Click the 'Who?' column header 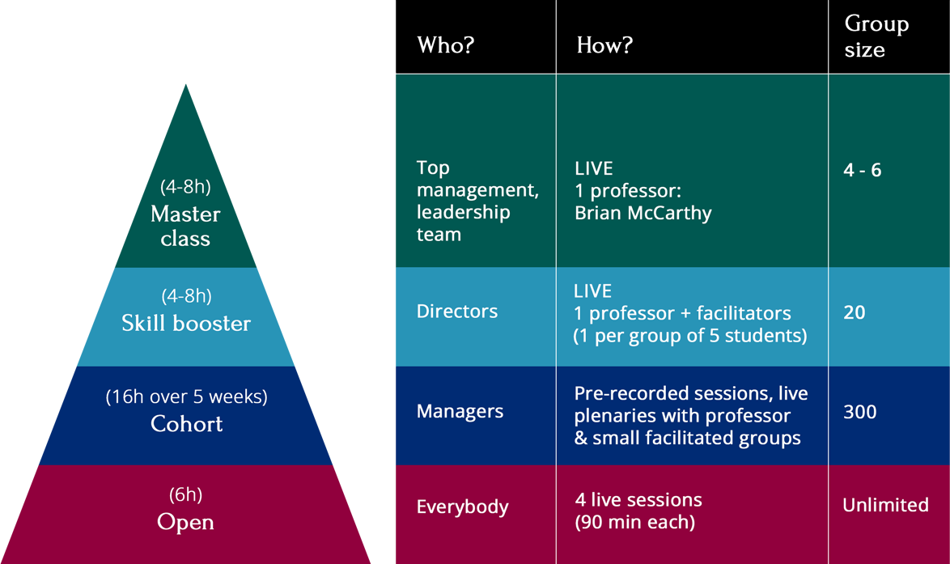pyautogui.click(x=445, y=45)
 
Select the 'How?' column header pyautogui.click(x=604, y=45)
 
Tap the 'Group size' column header pyautogui.click(x=876, y=36)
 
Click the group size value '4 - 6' pyautogui.click(x=862, y=170)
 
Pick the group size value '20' pyautogui.click(x=855, y=312)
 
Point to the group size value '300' pyautogui.click(x=859, y=412)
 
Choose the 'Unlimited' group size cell pyautogui.click(x=885, y=505)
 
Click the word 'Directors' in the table pyautogui.click(x=457, y=312)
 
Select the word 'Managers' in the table pyautogui.click(x=460, y=412)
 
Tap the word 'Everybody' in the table pyautogui.click(x=462, y=507)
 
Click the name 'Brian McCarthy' pyautogui.click(x=643, y=214)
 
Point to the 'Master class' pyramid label pyautogui.click(x=185, y=226)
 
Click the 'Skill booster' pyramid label pyautogui.click(x=186, y=323)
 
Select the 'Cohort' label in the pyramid pyautogui.click(x=187, y=423)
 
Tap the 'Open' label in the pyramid pyautogui.click(x=185, y=522)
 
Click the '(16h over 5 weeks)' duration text pyautogui.click(x=187, y=396)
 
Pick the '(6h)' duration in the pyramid pyautogui.click(x=185, y=495)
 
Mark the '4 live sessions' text pyautogui.click(x=638, y=500)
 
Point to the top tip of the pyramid pyautogui.click(x=186, y=84)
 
